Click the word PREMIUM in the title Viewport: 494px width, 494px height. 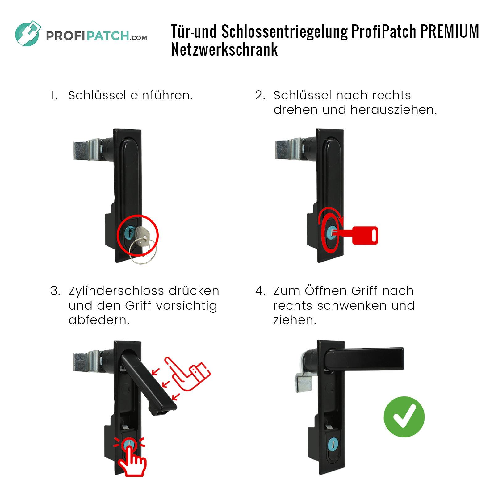click(449, 31)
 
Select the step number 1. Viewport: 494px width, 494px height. click(54, 95)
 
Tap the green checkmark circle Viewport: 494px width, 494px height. click(404, 417)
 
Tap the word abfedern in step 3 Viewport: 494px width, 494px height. click(99, 320)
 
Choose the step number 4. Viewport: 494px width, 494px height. click(260, 291)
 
